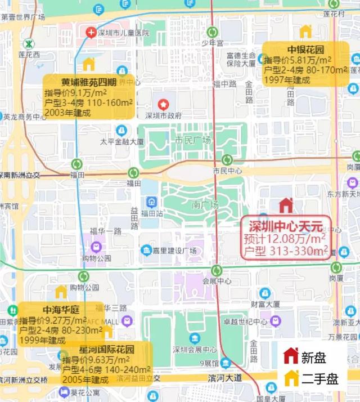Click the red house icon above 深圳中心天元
coord(286,206)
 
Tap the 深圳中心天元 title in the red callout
coord(286,227)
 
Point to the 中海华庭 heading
coord(61,310)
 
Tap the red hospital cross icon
coord(91,33)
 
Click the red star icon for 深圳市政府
coord(163,104)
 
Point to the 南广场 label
coord(204,205)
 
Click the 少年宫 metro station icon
coord(213,32)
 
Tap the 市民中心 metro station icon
coord(227,160)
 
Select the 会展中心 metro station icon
coord(216,270)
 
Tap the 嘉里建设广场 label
coord(177,250)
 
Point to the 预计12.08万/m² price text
coord(278,239)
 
